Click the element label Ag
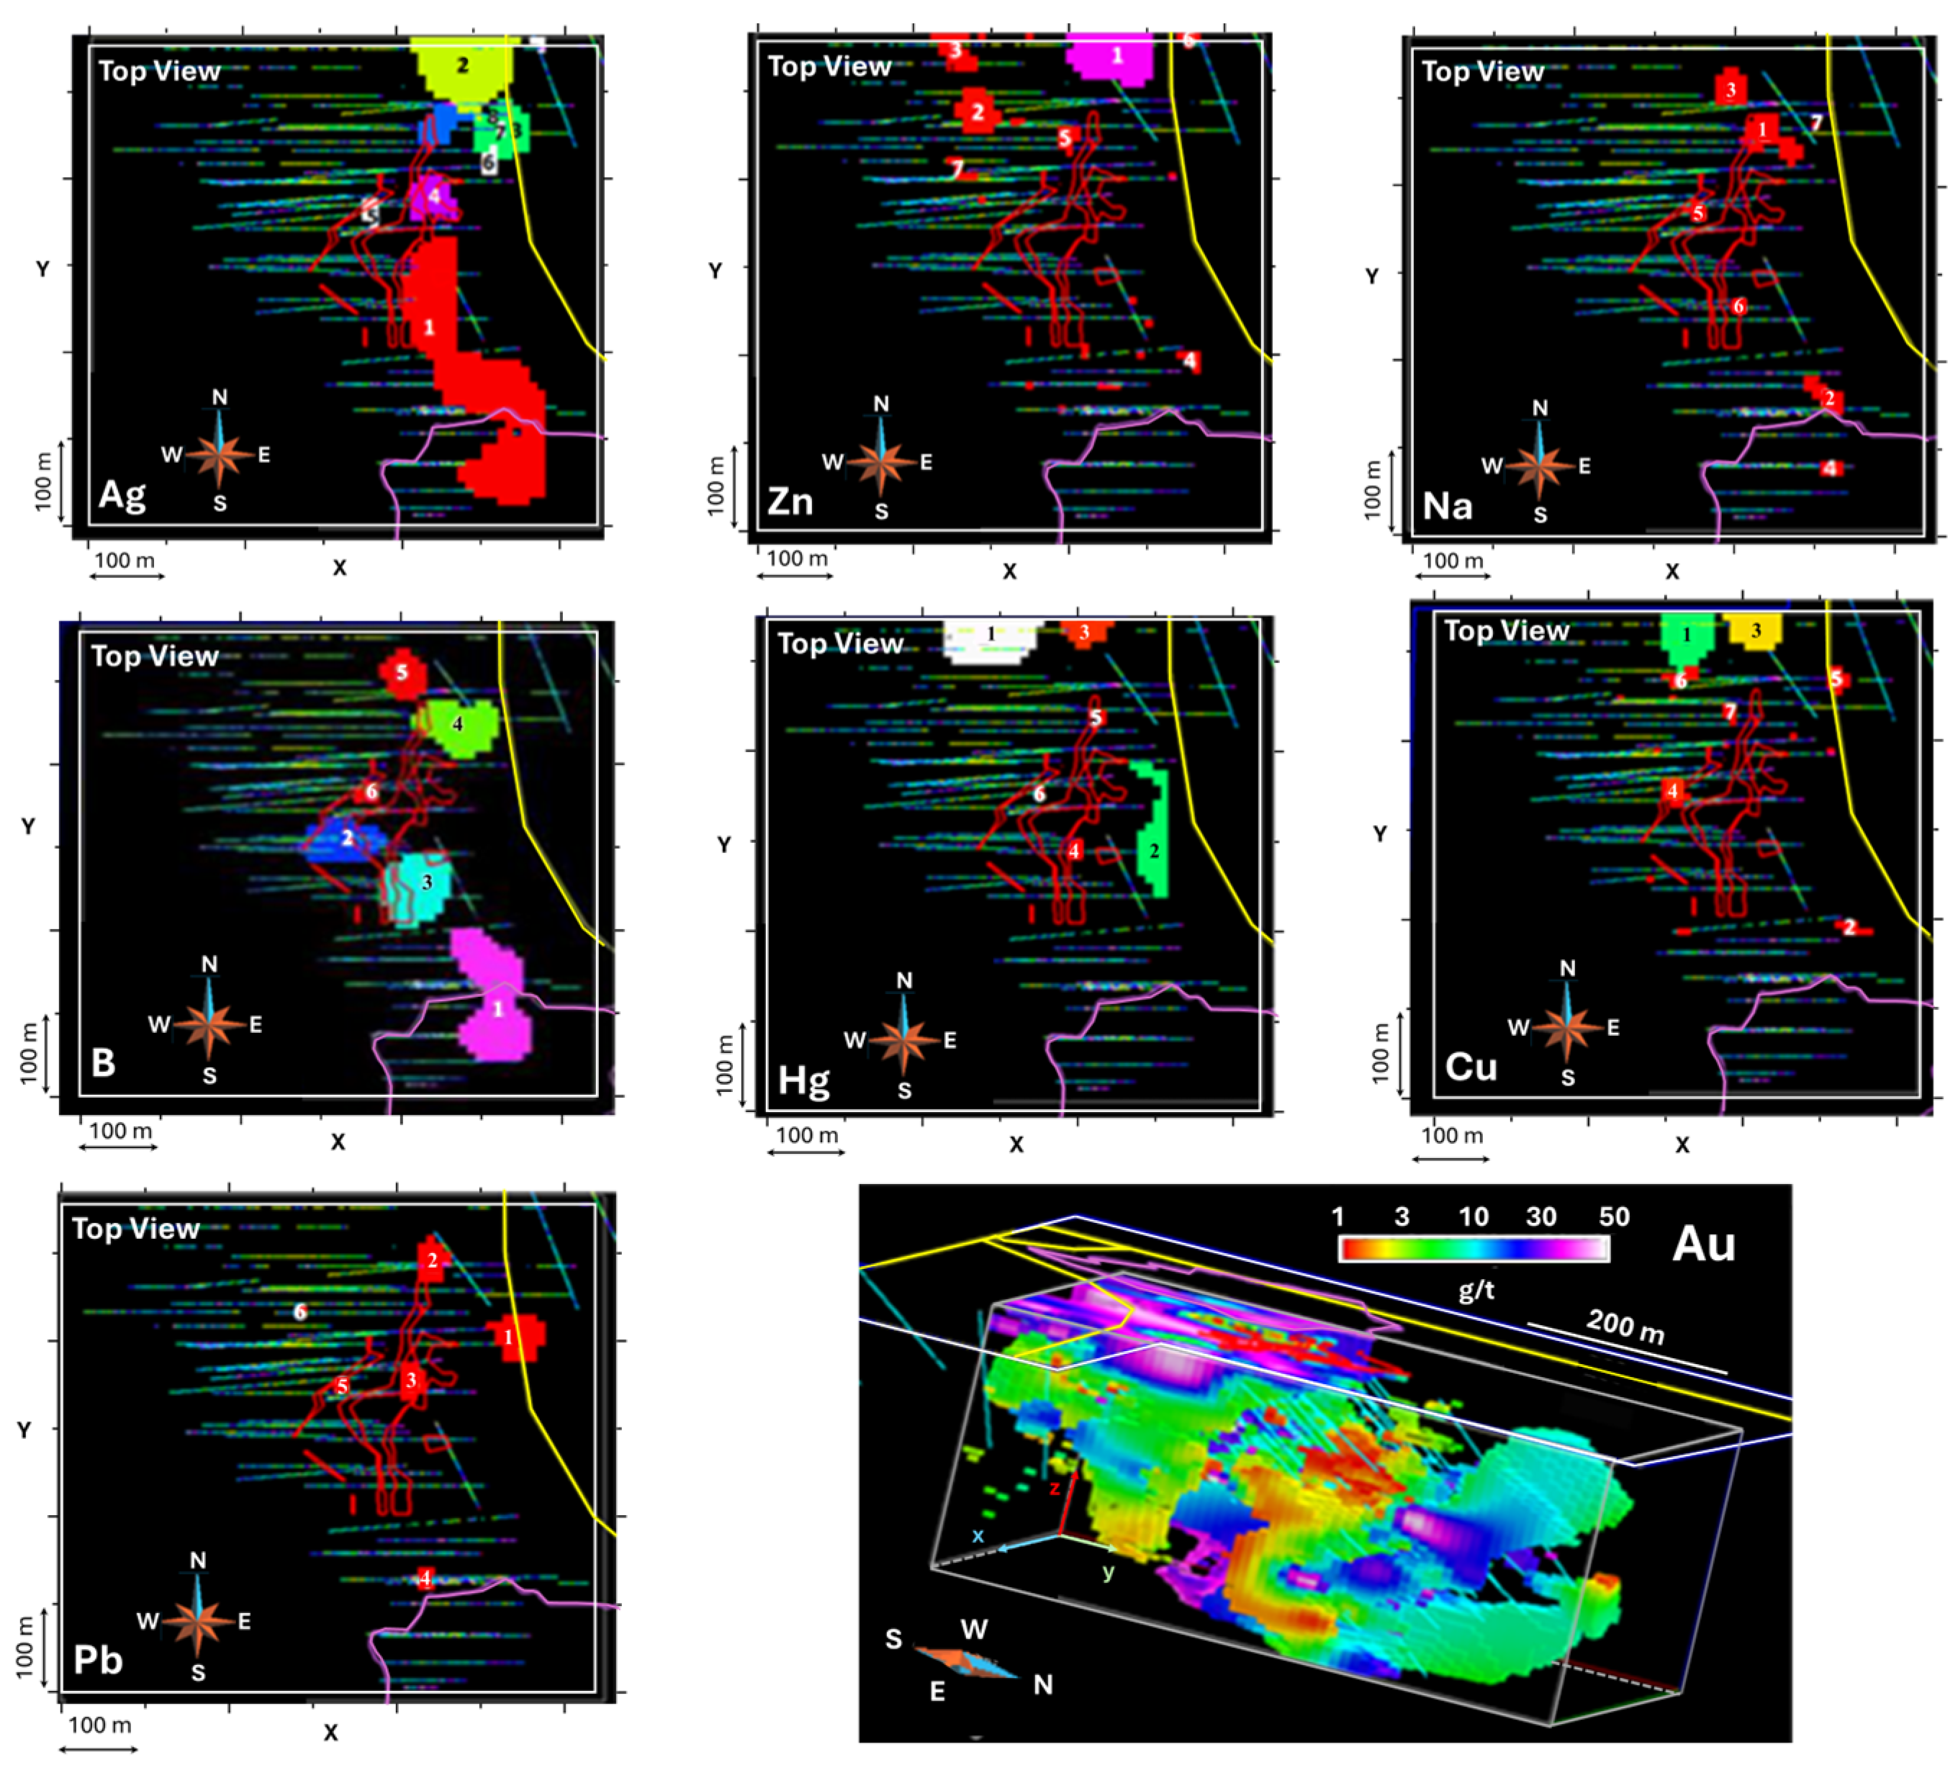click(122, 495)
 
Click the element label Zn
click(789, 501)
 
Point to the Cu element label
click(1471, 1067)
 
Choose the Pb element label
click(98, 1659)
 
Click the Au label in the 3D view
click(1704, 1244)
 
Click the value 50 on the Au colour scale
click(1614, 1216)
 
